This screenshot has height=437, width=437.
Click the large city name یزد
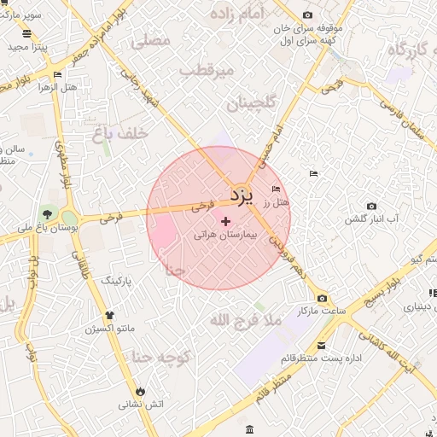(x=242, y=197)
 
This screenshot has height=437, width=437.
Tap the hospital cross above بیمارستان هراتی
(x=225, y=221)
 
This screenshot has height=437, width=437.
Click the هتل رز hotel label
(x=277, y=202)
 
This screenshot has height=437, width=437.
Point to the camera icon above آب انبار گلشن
(x=371, y=206)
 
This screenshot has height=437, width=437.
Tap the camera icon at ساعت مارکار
(x=322, y=298)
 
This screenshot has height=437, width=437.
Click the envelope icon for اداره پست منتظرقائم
(x=321, y=346)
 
